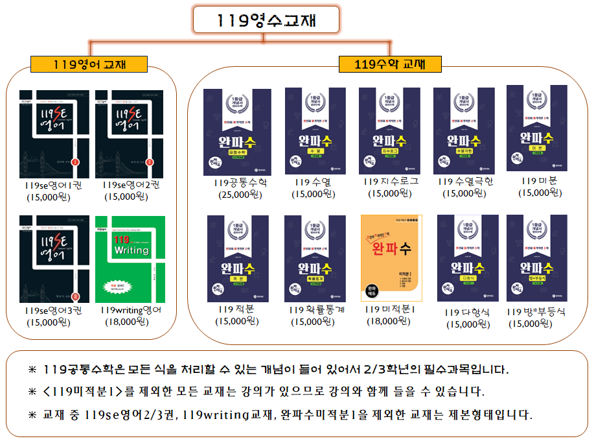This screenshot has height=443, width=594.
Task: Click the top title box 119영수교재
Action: pos(266,19)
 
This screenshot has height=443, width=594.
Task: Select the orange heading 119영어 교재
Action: pos(89,64)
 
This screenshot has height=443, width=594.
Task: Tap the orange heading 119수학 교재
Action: pos(390,64)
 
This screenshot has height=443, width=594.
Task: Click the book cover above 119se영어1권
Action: pos(54,134)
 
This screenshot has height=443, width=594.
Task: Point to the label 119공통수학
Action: pos(240,183)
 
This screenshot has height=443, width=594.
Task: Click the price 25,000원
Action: pos(239,194)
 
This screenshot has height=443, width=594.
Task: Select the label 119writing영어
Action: pos(131,310)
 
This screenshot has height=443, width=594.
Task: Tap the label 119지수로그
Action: pos(391,182)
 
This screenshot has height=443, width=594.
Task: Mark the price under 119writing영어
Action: pos(130,321)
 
